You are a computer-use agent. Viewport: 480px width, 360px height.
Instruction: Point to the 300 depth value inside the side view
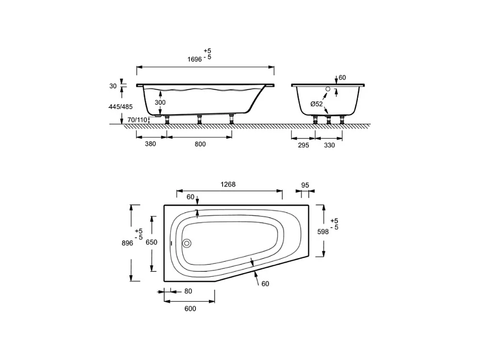[x=160, y=102]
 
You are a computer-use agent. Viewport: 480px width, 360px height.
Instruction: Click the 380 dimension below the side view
[x=150, y=144]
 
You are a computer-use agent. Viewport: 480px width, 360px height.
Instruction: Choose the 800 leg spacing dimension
[x=200, y=144]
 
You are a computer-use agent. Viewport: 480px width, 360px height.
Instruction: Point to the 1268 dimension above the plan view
[x=228, y=184]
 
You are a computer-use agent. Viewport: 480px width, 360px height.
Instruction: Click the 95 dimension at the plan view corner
[x=305, y=185]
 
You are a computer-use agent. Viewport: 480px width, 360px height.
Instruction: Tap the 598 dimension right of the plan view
[x=323, y=231]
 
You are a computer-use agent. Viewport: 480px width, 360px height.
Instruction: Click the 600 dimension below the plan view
[x=190, y=309]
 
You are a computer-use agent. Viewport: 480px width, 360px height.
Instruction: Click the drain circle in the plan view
[x=187, y=244]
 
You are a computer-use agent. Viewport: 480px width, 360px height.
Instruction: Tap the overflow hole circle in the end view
[x=328, y=89]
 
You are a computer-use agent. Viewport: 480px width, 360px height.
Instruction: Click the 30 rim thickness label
[x=113, y=86]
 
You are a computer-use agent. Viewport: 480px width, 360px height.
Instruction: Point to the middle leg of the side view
[x=199, y=119]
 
